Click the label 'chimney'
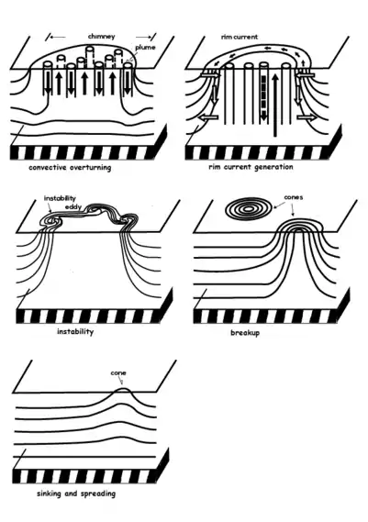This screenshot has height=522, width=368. pyautogui.click(x=102, y=37)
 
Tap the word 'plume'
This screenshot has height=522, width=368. pyautogui.click(x=145, y=48)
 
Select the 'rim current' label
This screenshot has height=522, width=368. pyautogui.click(x=240, y=37)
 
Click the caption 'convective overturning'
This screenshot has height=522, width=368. pyautogui.click(x=70, y=168)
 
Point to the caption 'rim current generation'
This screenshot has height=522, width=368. pyautogui.click(x=251, y=167)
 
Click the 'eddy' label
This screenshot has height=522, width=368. pyautogui.click(x=73, y=207)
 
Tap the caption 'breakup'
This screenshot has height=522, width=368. pyautogui.click(x=245, y=333)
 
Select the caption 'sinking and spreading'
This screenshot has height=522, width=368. pyautogui.click(x=76, y=494)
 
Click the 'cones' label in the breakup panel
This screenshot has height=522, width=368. pyautogui.click(x=294, y=197)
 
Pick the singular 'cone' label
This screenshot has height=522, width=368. pyautogui.click(x=118, y=372)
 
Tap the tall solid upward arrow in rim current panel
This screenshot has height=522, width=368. pyautogui.click(x=274, y=106)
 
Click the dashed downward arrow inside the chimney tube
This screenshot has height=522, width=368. pyautogui.click(x=263, y=97)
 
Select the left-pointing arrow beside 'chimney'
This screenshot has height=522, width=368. pyautogui.click(x=58, y=37)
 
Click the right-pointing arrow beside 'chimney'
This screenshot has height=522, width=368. pyautogui.click(x=144, y=37)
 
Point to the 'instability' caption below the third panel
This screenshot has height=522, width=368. pyautogui.click(x=75, y=332)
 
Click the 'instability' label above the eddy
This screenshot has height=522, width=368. pyautogui.click(x=60, y=198)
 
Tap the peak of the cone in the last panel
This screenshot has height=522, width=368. pyautogui.click(x=123, y=388)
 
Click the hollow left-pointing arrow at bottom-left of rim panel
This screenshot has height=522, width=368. pyautogui.click(x=208, y=117)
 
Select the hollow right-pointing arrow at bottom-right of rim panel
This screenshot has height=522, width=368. pyautogui.click(x=307, y=117)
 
